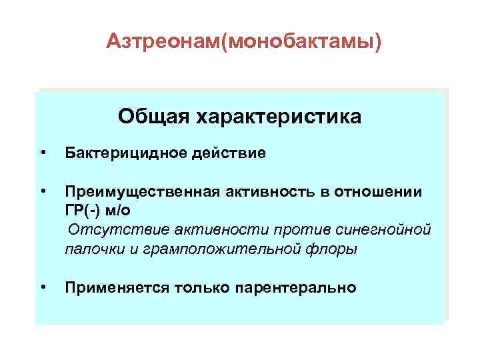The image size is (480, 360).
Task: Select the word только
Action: click(x=199, y=288)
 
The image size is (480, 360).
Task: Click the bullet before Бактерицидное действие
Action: click(x=43, y=153)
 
